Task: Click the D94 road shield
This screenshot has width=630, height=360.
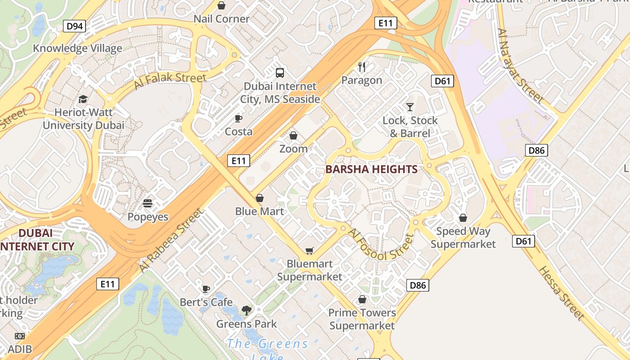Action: click(75, 26)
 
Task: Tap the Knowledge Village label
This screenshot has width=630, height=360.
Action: click(77, 48)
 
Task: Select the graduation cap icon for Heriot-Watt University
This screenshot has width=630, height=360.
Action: click(83, 99)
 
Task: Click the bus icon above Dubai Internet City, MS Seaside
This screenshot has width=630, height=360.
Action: click(280, 72)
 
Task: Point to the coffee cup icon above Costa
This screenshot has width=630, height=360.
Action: click(238, 118)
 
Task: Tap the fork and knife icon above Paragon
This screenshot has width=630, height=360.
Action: click(362, 67)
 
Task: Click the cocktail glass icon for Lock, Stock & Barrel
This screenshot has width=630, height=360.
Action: click(409, 107)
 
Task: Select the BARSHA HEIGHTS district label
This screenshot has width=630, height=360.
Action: click(371, 169)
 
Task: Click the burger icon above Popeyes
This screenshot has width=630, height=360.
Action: click(148, 203)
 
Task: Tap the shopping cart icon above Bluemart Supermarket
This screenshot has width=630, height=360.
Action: click(309, 251)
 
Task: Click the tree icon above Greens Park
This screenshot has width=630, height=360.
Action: click(246, 310)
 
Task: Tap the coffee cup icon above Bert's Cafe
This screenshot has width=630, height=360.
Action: click(206, 288)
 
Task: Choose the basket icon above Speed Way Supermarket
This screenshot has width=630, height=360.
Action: click(463, 218)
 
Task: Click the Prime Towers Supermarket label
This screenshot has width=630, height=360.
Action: click(362, 319)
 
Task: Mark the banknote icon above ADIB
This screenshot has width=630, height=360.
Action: click(19, 336)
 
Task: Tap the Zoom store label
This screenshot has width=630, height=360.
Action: click(293, 148)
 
